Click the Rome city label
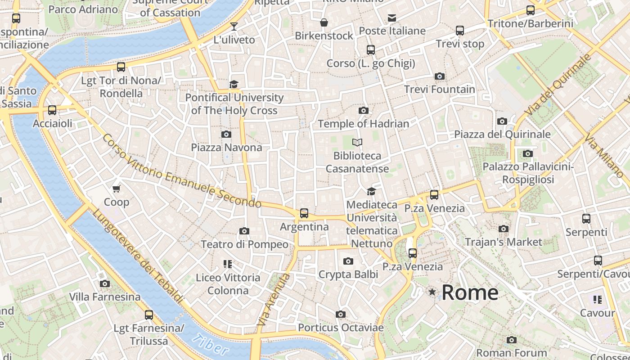pyautogui.click(x=470, y=292)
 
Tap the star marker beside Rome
pyautogui.click(x=432, y=292)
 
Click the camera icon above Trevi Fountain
pyautogui.click(x=440, y=76)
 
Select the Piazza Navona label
pyautogui.click(x=226, y=148)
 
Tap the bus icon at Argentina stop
pyautogui.click(x=304, y=213)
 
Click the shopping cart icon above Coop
pyautogui.click(x=117, y=189)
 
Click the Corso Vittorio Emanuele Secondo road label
pyautogui.click(x=181, y=171)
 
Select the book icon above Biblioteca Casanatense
pyautogui.click(x=357, y=143)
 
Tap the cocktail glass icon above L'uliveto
pyautogui.click(x=234, y=27)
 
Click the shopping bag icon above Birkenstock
pyautogui.click(x=324, y=22)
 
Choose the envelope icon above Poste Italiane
pyautogui.click(x=392, y=18)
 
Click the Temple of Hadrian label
pyautogui.click(x=364, y=124)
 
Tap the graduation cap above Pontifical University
pyautogui.click(x=234, y=85)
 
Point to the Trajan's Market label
pyautogui.click(x=504, y=242)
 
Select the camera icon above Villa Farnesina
pyautogui.click(x=105, y=284)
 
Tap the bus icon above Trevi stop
pyautogui.click(x=460, y=31)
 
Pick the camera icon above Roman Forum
pyautogui.click(x=512, y=340)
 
